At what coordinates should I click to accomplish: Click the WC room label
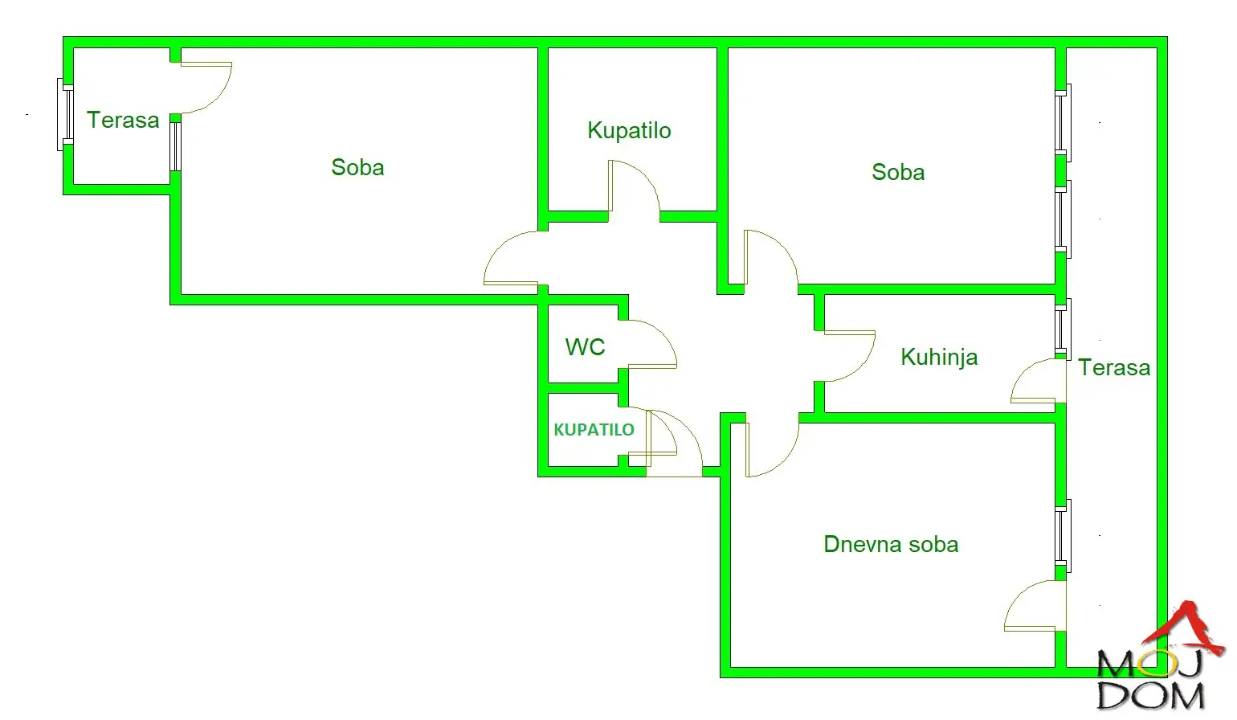tap(585, 347)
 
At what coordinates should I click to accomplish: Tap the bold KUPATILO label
tap(594, 430)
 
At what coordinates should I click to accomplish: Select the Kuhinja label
tap(939, 357)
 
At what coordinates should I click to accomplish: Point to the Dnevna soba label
tap(891, 545)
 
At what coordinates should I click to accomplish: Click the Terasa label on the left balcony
tap(123, 121)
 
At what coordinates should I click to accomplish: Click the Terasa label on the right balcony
tap(1113, 368)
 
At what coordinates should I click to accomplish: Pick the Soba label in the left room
tap(357, 168)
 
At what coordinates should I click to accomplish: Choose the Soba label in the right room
tap(898, 173)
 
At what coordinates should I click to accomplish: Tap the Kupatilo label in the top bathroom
tap(629, 131)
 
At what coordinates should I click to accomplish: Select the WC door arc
tap(651, 344)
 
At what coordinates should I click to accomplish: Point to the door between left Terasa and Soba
tap(205, 87)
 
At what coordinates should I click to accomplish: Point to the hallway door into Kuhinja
tap(849, 355)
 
